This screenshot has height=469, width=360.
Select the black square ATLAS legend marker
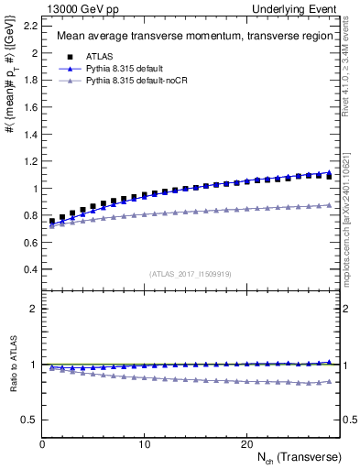click(63, 55)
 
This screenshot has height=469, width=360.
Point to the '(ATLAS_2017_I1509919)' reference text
click(190, 274)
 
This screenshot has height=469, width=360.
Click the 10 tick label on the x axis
click(144, 443)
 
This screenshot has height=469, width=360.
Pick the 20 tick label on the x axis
click(246, 443)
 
